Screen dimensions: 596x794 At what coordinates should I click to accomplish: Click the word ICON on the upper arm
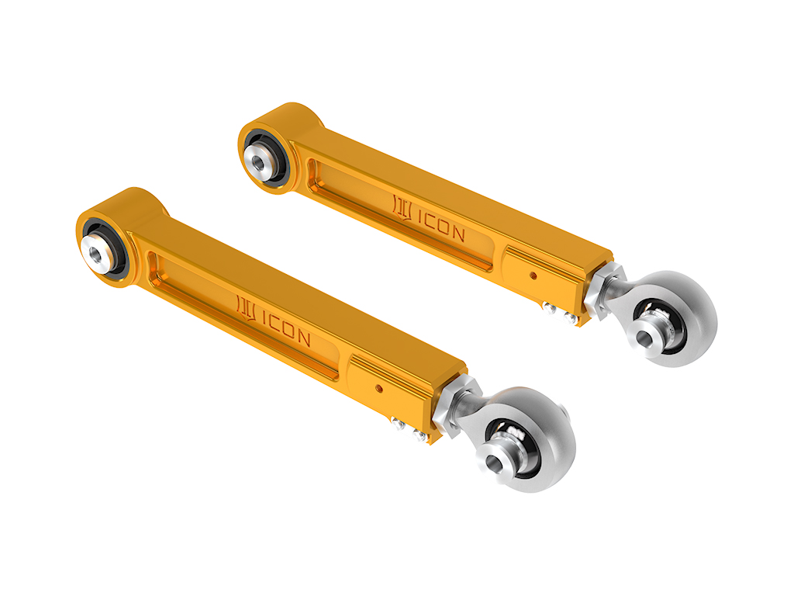pyautogui.click(x=441, y=224)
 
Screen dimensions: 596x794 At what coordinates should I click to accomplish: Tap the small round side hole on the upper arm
pyautogui.click(x=533, y=275)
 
